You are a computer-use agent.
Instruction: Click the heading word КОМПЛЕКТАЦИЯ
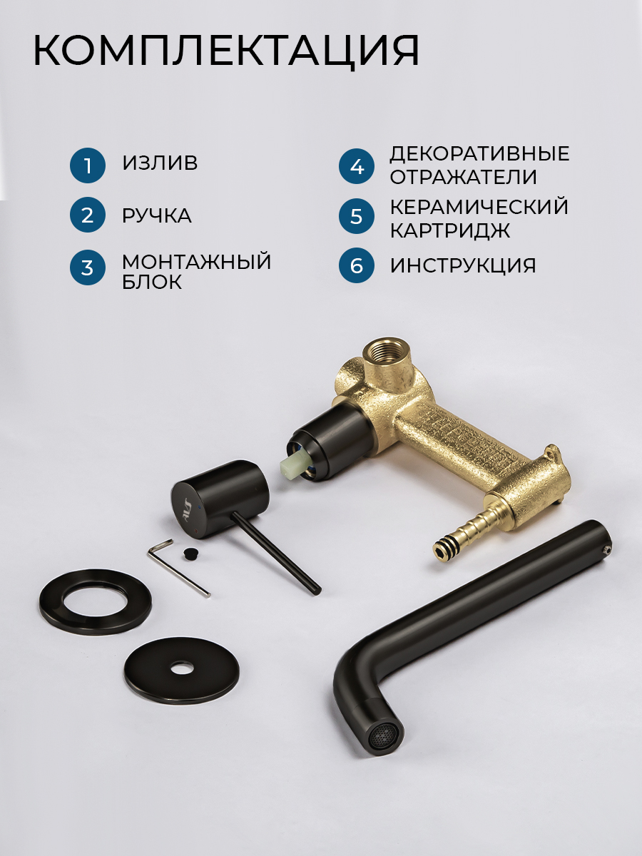pos(226,51)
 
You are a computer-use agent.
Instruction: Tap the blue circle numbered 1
pos(88,165)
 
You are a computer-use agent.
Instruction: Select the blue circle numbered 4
pos(357,166)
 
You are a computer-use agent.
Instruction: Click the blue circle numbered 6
pos(356,265)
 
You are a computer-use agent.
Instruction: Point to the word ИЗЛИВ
pos(160,163)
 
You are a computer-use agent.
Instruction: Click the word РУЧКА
pos(157,215)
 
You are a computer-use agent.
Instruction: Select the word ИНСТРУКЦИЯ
pos(463,266)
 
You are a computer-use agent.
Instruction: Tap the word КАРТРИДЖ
pos(450,230)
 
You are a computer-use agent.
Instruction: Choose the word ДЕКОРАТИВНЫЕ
pos(479,153)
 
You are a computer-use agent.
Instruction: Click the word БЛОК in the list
pos(152,282)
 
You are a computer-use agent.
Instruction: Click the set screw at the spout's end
pos(606,550)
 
